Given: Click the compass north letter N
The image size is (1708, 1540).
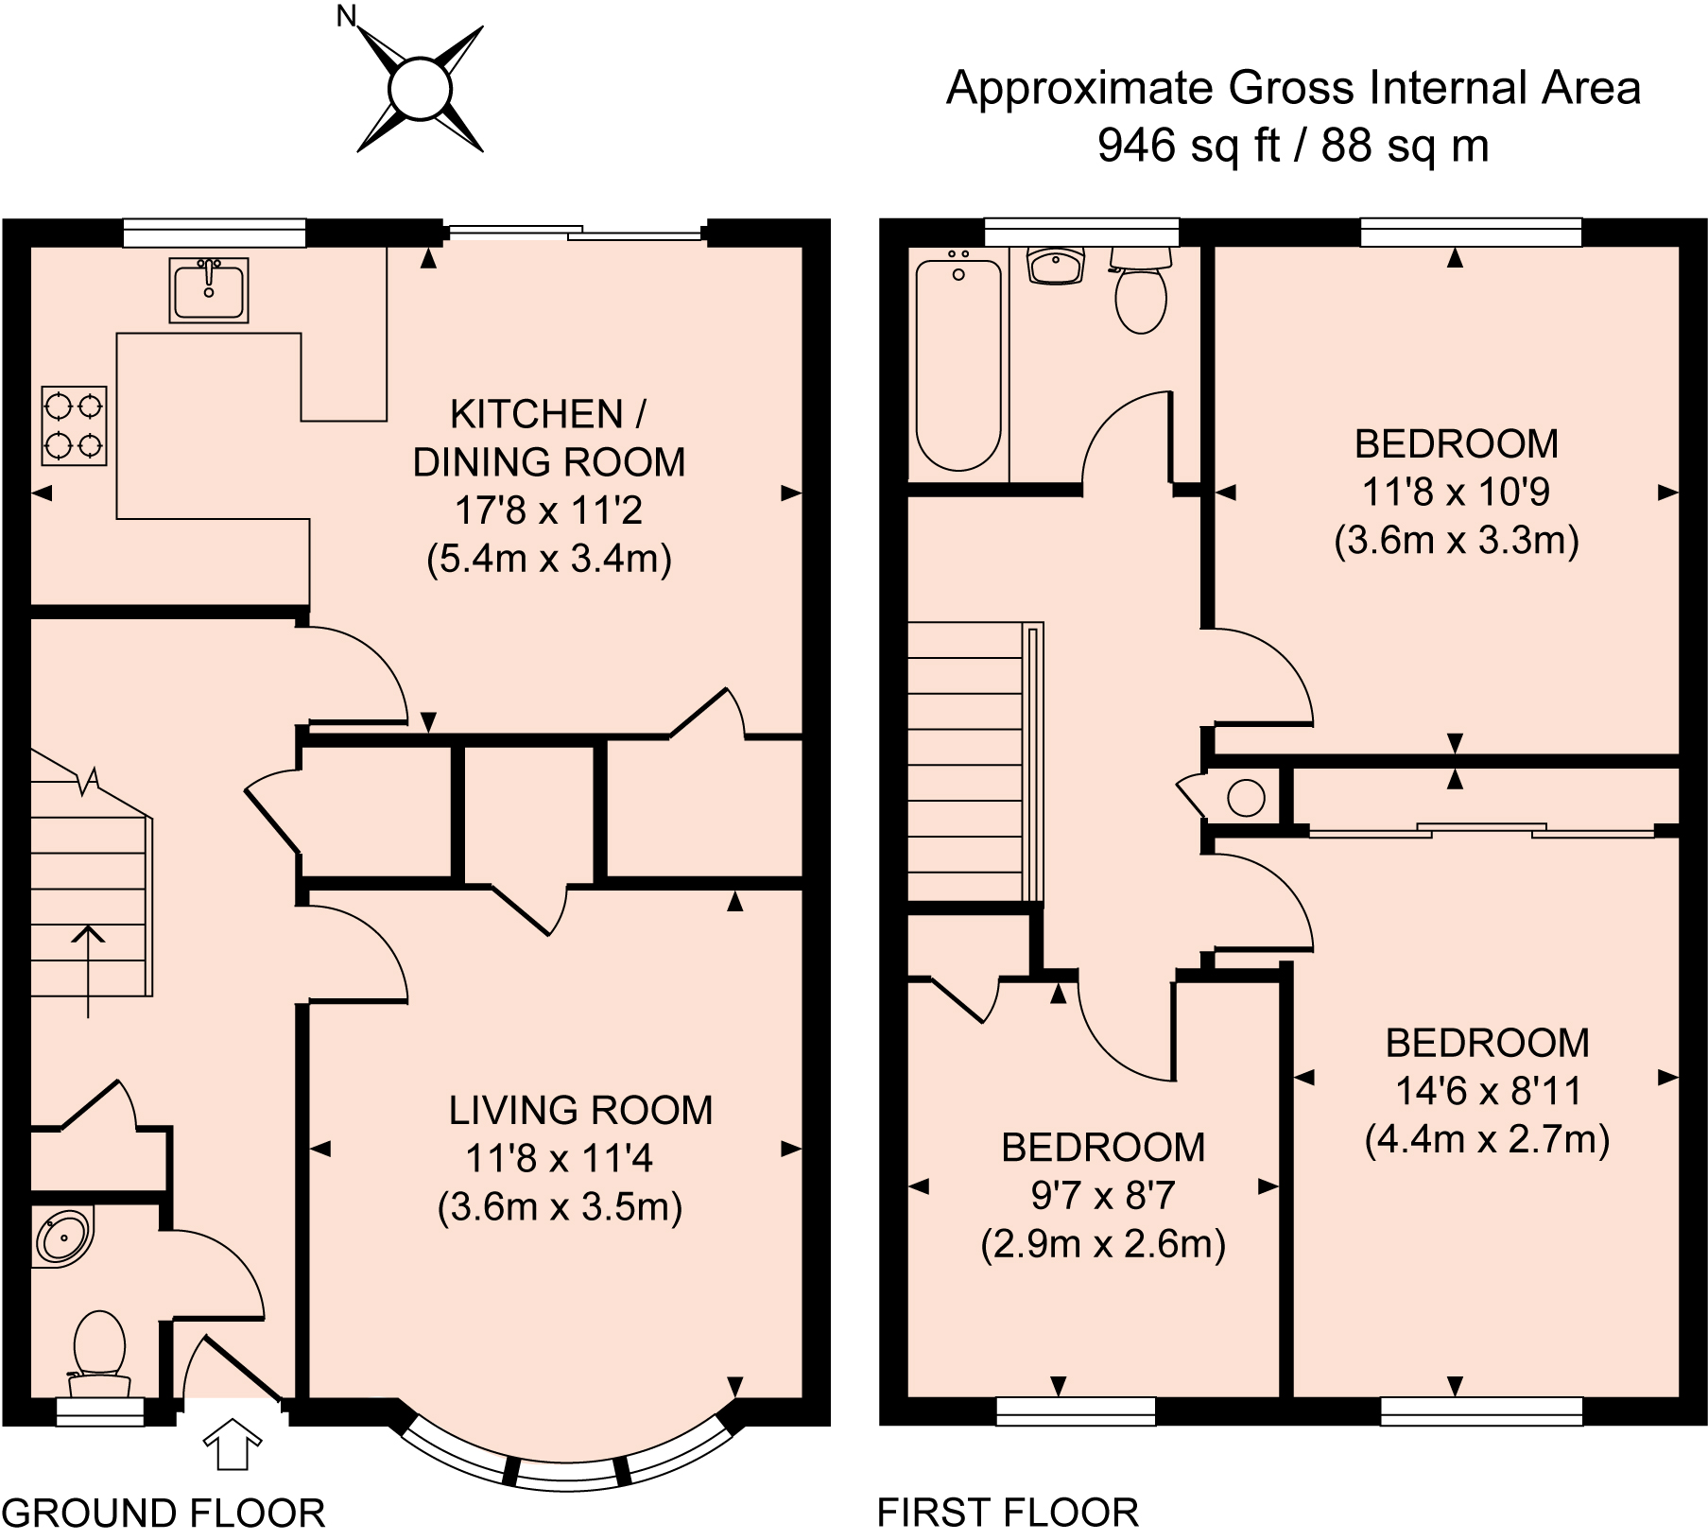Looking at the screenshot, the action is [348, 17].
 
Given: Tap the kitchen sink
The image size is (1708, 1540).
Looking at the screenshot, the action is [209, 290].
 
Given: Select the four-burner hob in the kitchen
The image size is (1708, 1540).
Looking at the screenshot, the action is [74, 425].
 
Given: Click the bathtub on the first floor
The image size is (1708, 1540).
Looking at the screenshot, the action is [958, 365].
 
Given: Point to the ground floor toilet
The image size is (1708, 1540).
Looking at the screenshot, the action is [99, 1353].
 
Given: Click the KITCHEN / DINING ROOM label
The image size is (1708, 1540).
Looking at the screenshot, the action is [549, 438].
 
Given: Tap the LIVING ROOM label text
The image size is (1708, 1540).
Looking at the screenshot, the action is [580, 1110].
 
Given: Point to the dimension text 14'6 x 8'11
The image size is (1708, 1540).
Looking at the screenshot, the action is [1489, 1091].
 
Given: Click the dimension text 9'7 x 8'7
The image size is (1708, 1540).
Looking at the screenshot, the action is [1103, 1196].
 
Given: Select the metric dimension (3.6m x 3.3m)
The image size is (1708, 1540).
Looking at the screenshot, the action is [1457, 540].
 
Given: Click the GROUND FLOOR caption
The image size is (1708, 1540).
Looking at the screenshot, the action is [164, 1513].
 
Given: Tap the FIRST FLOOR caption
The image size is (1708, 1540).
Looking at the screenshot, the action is [1008, 1513].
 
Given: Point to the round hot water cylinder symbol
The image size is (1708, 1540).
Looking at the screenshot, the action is [1246, 798].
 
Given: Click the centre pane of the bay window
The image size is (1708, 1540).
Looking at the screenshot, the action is [567, 1473].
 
